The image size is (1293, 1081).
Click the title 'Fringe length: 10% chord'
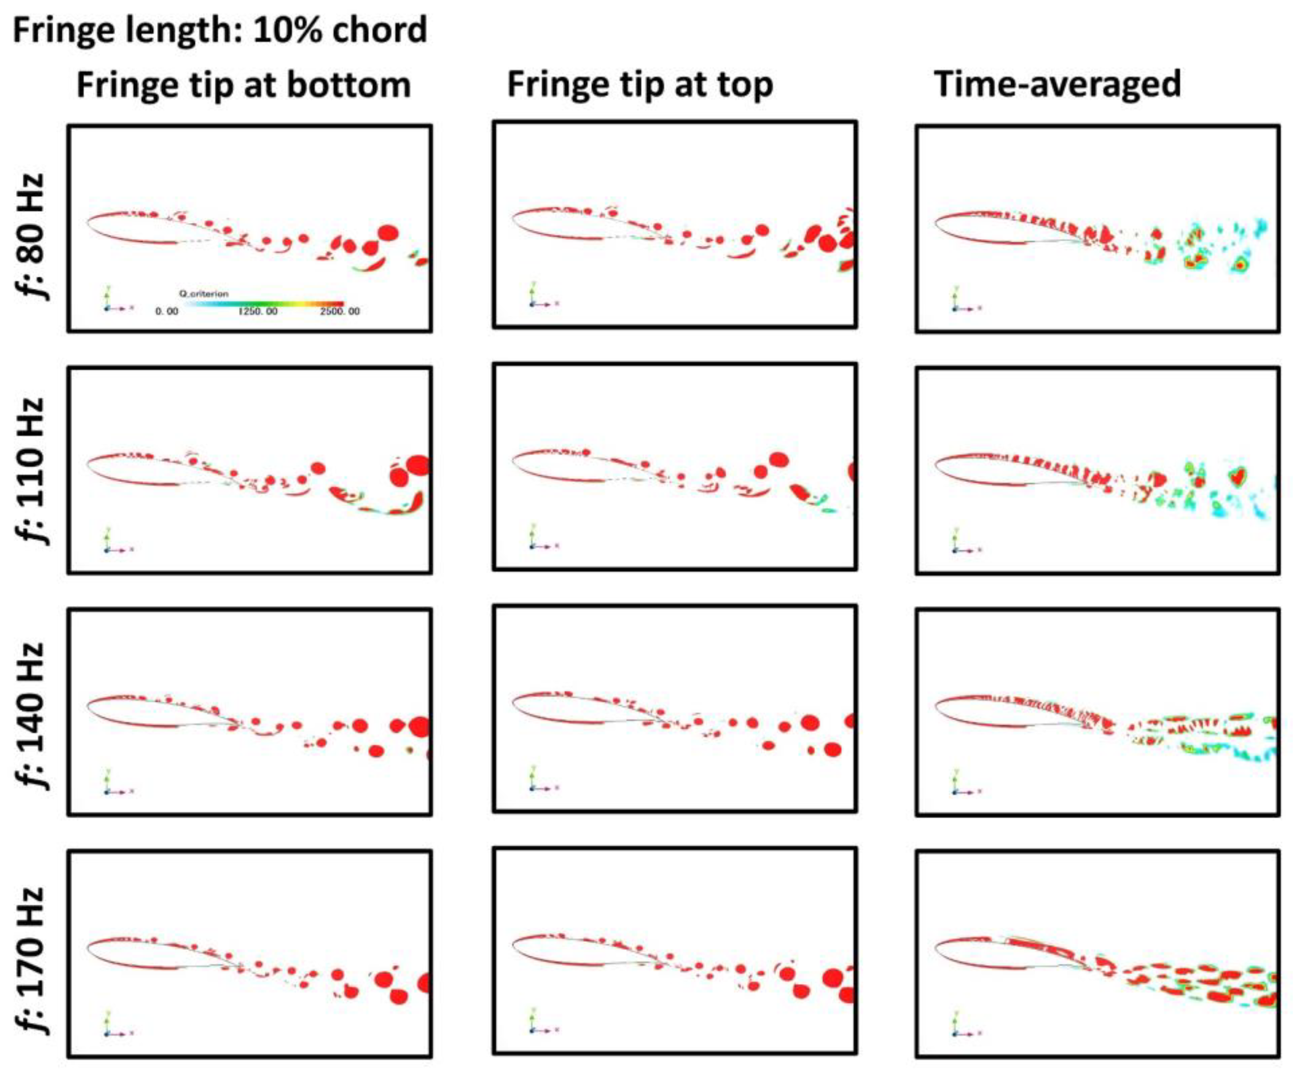tap(220, 30)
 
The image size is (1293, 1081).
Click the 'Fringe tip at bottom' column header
tap(243, 85)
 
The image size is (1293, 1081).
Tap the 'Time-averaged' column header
tap(1057, 85)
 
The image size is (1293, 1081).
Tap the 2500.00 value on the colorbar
tap(340, 312)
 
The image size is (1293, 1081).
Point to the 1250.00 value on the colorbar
tap(258, 312)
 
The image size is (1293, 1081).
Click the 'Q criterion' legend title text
tap(204, 294)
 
